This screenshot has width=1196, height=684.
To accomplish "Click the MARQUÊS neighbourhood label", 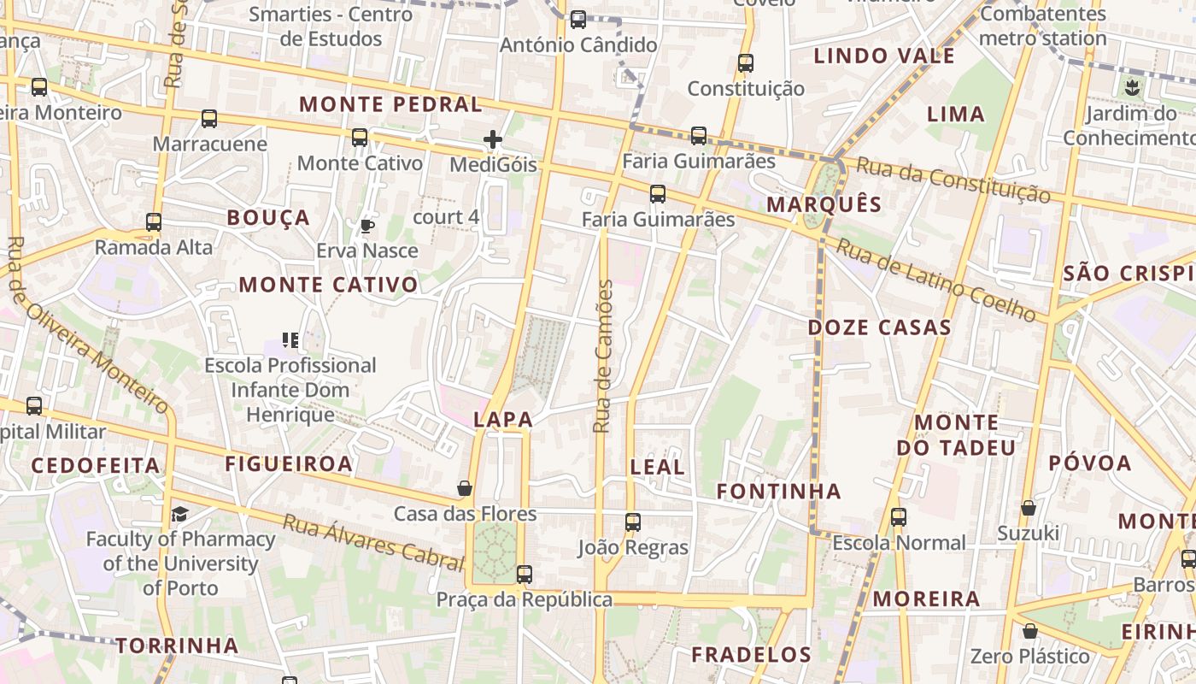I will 824,204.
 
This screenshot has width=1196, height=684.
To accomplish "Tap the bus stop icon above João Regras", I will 632,522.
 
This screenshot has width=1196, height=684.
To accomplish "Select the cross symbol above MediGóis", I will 493,139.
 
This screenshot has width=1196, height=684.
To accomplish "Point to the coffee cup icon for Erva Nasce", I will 366,226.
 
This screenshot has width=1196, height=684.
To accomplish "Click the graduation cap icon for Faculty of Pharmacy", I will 179,514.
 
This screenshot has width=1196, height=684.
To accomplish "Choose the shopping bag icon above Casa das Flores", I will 465,488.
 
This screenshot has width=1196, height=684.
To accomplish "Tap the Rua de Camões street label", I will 603,356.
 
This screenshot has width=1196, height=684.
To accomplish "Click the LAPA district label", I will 503,420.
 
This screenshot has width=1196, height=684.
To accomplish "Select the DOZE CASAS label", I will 879,327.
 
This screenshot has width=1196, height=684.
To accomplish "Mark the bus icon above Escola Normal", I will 898,516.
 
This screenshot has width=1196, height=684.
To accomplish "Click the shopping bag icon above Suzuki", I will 1029,508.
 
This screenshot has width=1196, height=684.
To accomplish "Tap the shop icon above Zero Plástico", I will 1030,631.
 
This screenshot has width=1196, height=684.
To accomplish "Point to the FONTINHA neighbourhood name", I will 778,492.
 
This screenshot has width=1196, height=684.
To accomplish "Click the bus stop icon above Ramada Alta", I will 154,222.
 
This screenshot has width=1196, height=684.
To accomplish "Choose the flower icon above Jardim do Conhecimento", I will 1133,86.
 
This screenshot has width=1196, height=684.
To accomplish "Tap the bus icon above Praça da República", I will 525,574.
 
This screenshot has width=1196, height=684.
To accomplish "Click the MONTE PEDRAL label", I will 390,105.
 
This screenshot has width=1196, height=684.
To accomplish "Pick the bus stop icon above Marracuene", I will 209,119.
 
